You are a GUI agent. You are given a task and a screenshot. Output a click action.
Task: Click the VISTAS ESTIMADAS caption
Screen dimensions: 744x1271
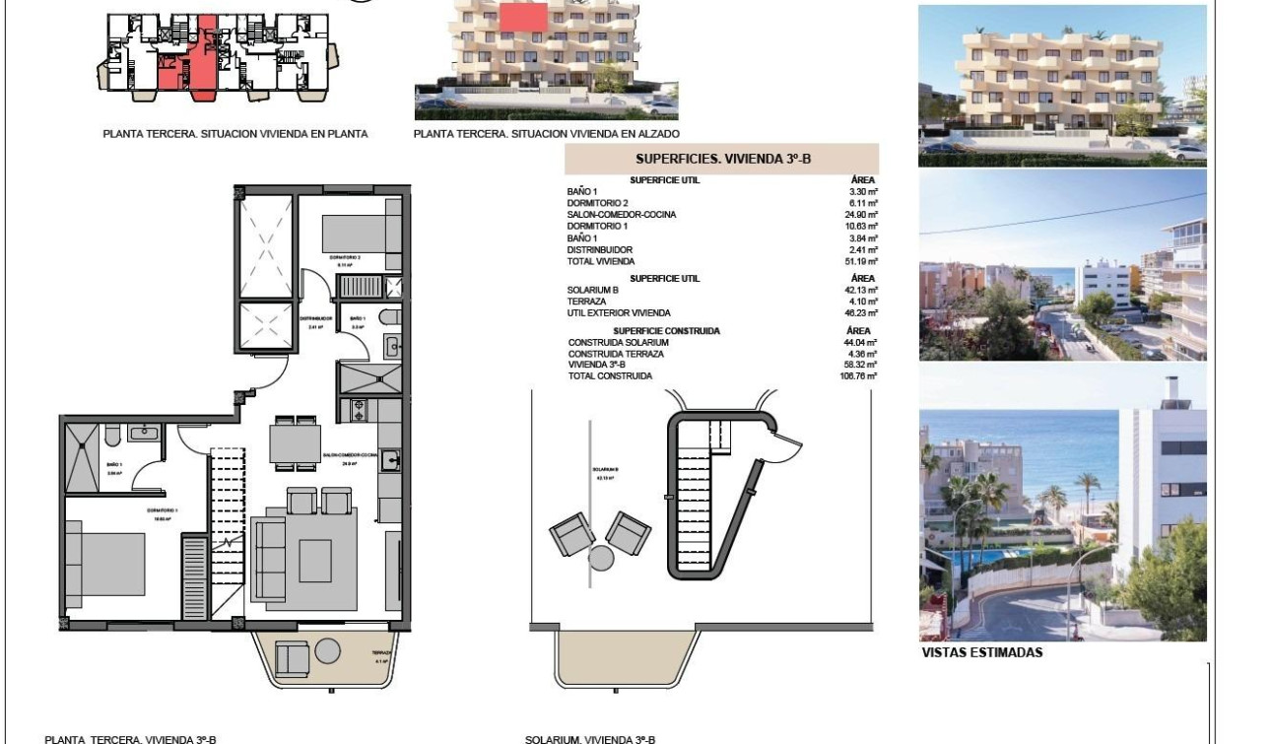[981, 652]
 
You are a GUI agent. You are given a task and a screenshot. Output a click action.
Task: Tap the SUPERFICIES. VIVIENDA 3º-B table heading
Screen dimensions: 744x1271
[722, 159]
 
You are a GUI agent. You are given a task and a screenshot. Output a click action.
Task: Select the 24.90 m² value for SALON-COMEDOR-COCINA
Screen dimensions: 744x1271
[864, 215]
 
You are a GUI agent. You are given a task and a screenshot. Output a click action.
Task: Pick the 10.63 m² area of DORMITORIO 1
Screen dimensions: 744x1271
[864, 227]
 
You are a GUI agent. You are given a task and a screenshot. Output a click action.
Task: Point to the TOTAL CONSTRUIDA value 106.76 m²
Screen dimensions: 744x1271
[862, 376]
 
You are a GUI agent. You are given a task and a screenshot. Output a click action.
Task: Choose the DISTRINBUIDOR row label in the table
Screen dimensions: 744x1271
[600, 250]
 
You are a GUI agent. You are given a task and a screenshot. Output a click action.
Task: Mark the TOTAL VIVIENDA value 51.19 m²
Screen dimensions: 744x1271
[864, 262]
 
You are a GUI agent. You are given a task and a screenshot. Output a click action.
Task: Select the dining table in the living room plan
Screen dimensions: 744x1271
[294, 442]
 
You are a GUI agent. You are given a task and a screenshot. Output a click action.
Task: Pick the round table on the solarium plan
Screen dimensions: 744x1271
[601, 558]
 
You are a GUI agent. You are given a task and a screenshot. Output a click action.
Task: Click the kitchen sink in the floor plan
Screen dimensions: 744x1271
[389, 459]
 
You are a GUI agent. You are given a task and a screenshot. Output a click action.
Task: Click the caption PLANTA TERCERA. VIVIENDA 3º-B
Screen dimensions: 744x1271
[130, 738]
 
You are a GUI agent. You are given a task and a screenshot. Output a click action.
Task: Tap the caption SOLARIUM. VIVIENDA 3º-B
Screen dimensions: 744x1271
[589, 738]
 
